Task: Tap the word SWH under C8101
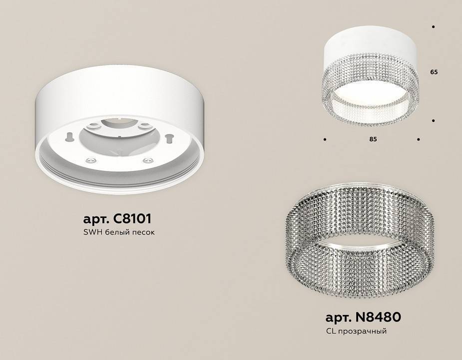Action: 90,233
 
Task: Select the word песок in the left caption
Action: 149,233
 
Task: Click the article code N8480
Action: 380,317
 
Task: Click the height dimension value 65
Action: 434,72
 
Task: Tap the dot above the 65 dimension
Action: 433,26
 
